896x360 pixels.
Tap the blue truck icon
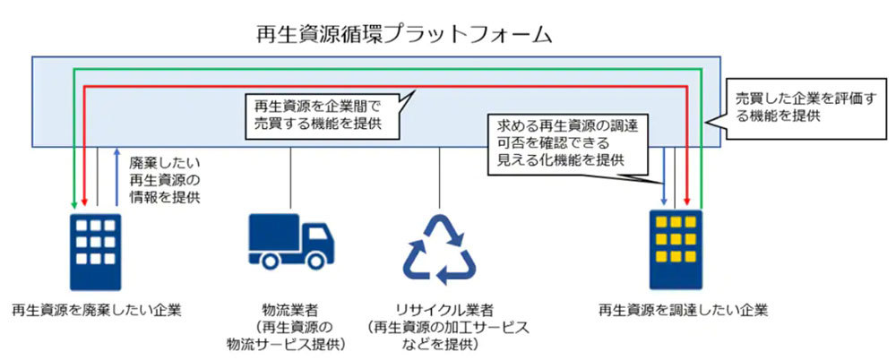[290, 241]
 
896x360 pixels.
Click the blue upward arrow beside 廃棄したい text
[117, 175]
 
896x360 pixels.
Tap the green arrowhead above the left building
[73, 201]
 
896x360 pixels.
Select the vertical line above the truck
[291, 179]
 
